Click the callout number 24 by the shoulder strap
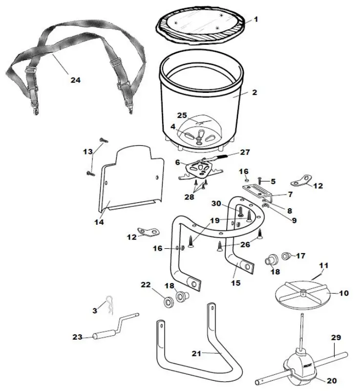(75, 80)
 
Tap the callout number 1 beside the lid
(255, 20)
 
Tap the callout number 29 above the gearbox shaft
(336, 338)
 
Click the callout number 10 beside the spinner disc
(343, 293)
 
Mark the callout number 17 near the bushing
(300, 255)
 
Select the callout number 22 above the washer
(146, 284)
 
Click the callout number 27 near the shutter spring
(245, 152)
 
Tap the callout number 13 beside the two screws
(87, 152)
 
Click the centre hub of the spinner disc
(303, 293)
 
